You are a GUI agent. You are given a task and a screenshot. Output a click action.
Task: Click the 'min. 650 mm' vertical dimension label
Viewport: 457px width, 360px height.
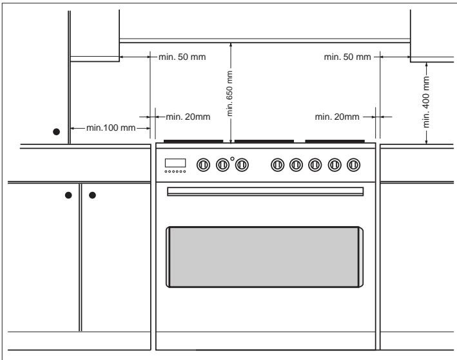tap(229, 93)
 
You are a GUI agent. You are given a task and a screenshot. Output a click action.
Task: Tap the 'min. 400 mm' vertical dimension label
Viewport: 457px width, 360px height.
tap(426, 102)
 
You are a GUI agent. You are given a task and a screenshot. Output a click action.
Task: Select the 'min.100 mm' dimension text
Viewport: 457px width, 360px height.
tap(111, 128)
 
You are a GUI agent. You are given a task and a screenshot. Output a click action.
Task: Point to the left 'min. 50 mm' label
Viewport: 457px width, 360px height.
tap(182, 57)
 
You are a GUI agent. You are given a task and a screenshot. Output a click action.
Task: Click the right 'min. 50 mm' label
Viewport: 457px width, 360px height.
tap(347, 57)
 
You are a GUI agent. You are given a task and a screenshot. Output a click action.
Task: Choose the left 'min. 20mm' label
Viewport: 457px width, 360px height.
tap(188, 117)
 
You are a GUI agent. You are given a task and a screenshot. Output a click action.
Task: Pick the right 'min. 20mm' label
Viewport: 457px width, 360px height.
tap(337, 117)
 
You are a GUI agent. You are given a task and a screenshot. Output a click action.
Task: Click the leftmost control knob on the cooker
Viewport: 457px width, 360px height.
tap(203, 165)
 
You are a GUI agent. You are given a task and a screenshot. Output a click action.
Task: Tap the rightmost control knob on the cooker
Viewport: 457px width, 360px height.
tap(353, 165)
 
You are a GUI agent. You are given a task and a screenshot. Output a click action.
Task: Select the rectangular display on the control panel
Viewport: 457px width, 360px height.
tap(175, 163)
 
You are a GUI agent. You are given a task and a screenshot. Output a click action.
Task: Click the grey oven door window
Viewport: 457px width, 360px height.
tap(265, 257)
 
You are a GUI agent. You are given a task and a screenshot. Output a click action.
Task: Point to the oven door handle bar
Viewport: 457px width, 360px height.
tap(265, 191)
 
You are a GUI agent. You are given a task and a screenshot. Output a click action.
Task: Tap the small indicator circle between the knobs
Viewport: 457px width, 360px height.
tap(232, 158)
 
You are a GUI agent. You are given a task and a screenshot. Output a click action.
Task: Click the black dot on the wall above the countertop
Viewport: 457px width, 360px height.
tap(57, 132)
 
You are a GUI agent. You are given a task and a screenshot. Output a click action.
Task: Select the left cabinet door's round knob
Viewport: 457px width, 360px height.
tap(68, 195)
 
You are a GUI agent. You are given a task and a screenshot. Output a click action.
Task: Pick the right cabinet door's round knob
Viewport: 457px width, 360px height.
tap(92, 195)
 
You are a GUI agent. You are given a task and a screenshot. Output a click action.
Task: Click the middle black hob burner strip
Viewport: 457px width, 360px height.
tap(264, 141)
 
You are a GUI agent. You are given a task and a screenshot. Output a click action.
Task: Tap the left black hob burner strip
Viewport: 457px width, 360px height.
tap(193, 141)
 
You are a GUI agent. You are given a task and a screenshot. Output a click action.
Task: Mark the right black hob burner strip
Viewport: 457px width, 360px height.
tap(335, 141)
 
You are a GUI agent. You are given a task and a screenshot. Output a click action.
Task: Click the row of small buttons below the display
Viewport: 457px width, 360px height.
tap(175, 171)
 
